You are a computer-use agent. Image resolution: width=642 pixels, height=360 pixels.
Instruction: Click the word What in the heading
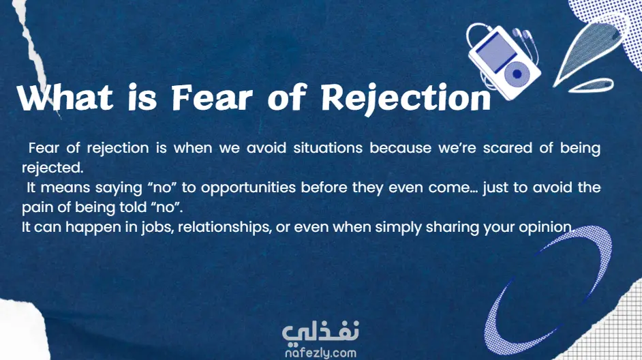point(65,97)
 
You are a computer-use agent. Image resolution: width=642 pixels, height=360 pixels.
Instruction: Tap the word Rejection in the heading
point(406,99)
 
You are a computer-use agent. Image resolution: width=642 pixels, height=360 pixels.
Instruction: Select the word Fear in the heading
point(212,97)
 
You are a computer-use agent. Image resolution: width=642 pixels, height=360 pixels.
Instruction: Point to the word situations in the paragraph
point(328,148)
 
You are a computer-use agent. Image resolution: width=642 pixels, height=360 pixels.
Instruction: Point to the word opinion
point(545,227)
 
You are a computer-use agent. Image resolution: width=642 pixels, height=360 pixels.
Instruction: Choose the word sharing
point(452,227)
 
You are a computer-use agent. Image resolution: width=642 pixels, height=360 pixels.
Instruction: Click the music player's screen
point(497,52)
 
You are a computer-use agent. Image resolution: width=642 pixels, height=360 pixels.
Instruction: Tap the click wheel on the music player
point(517,74)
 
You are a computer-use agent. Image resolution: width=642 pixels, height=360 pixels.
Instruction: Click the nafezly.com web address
point(320,352)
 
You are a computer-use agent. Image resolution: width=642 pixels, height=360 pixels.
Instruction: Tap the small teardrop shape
point(591,85)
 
